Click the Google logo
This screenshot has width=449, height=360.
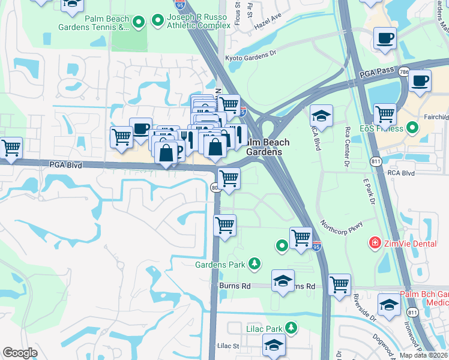(20, 353)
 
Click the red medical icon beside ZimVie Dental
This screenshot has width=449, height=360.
(375, 243)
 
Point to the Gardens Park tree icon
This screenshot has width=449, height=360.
(255, 263)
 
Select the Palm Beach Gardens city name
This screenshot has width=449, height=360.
(267, 147)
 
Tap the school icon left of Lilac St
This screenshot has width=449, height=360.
(273, 346)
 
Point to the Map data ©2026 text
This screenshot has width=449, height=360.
(423, 355)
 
